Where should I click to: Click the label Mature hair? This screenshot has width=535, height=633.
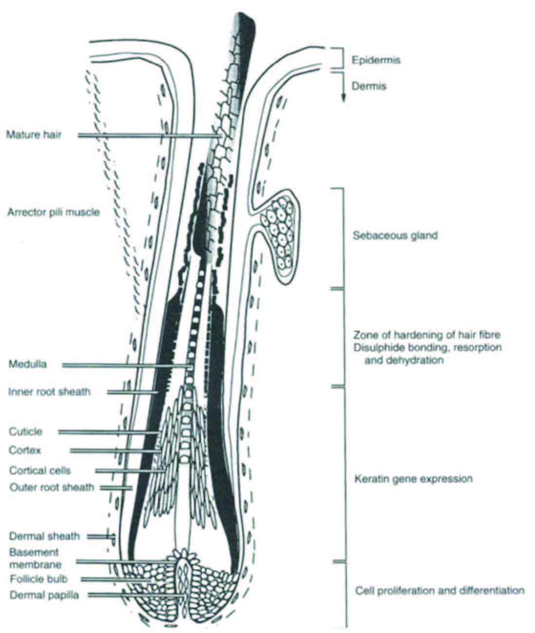coord(34,134)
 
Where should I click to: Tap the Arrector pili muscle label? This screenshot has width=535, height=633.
coord(53,212)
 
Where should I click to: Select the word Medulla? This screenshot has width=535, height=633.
coord(28,364)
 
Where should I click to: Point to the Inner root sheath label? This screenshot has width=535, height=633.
coord(49,392)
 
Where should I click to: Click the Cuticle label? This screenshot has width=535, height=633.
coord(26,432)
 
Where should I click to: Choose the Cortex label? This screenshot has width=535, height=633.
coord(25,450)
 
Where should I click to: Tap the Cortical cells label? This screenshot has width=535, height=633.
coord(40,471)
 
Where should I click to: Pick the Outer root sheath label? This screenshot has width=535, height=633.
coord(52,487)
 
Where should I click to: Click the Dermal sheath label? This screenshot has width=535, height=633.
coord(44,536)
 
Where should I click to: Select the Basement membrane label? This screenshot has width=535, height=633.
coord(35,558)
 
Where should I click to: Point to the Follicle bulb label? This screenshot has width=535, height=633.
coord(38,579)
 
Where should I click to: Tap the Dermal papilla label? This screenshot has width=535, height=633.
coord(44,595)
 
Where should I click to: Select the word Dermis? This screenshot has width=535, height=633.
coord(369,86)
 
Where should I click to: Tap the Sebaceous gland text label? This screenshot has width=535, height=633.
coord(395,236)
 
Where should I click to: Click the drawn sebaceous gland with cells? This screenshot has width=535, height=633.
coord(279,233)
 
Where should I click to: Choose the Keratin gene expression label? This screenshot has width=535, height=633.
coord(413,479)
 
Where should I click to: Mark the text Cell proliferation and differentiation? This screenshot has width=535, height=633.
coord(439,591)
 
